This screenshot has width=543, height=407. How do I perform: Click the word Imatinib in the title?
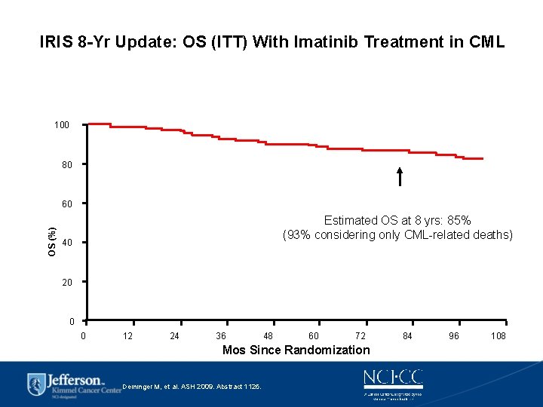click(330, 42)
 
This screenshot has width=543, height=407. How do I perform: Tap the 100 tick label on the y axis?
click(62, 124)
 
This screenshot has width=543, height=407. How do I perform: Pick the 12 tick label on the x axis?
click(128, 336)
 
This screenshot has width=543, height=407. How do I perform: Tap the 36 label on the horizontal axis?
click(221, 336)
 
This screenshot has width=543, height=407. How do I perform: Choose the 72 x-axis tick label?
click(360, 336)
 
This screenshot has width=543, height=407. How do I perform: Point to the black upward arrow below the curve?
click(400, 177)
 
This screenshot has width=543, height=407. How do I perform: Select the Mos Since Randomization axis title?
click(296, 350)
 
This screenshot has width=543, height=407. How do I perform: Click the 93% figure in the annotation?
click(301, 235)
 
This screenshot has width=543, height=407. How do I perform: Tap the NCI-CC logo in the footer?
click(393, 378)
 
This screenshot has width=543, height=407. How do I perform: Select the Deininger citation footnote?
click(192, 387)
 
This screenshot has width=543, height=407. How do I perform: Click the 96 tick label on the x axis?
click(454, 336)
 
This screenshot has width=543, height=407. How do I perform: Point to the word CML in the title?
click(486, 42)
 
